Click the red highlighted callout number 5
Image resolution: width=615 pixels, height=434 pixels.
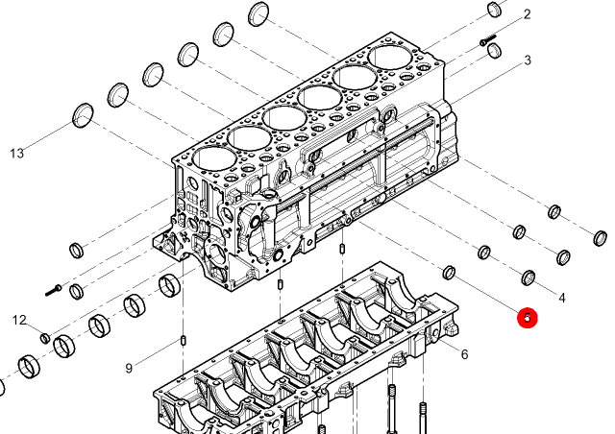tap(528, 318)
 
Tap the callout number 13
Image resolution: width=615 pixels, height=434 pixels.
tap(17, 154)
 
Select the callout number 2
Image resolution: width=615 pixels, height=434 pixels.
tap(528, 14)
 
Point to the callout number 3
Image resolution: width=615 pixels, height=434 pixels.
tap(528, 60)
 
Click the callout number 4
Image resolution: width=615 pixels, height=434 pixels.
tap(562, 298)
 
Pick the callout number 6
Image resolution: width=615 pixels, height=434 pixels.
tap(464, 354)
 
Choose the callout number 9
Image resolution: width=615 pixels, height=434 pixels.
tap(129, 369)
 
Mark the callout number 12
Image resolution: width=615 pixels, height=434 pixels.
tap(19, 321)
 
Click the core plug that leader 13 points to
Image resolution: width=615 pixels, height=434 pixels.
tap(84, 115)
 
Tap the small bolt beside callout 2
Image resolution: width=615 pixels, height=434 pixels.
tap(488, 40)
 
